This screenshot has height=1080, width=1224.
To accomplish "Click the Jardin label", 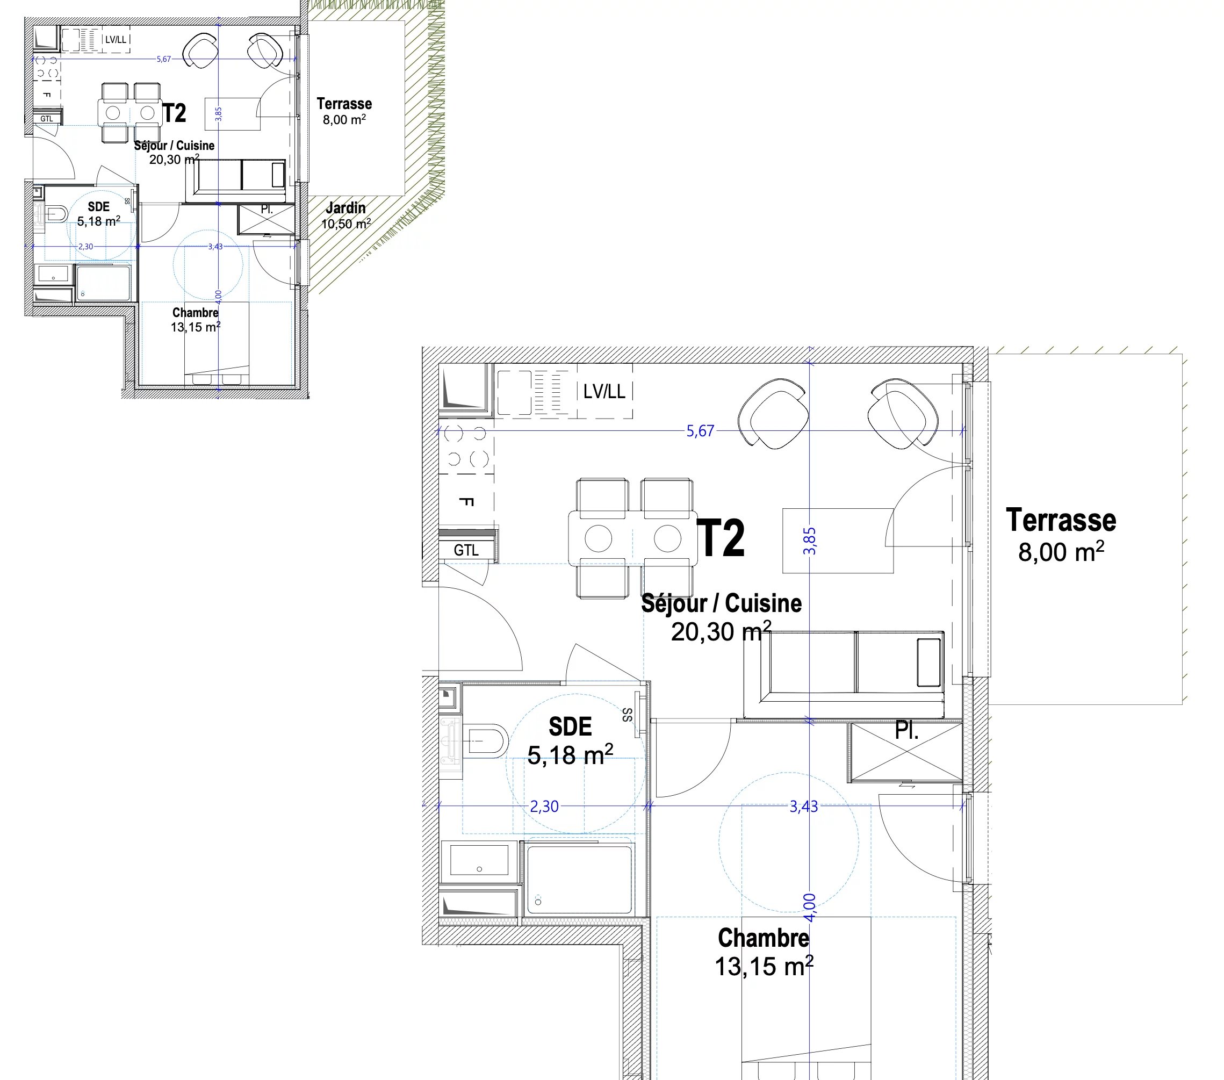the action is [345, 208].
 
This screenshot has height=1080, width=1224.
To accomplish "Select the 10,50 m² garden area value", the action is [346, 224].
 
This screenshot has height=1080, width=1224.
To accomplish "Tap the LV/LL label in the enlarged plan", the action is [604, 392].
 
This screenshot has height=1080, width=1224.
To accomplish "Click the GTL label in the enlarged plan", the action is [466, 550].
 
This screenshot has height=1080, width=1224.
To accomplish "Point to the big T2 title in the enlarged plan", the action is [722, 538].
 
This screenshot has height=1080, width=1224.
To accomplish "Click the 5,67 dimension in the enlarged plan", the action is [700, 431].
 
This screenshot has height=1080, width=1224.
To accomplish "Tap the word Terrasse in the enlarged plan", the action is [1061, 520].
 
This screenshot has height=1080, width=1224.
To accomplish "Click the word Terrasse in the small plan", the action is [344, 104].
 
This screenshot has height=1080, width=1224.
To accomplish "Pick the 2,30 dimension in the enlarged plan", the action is [544, 807].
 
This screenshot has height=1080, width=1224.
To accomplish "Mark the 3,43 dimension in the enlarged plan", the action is [804, 807].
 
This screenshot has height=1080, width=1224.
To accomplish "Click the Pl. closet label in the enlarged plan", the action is [906, 731].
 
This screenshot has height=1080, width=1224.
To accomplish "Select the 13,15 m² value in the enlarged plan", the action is [764, 966].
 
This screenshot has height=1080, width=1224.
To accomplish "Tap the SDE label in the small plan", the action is [99, 206].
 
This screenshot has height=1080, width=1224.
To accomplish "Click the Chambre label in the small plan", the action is [195, 313].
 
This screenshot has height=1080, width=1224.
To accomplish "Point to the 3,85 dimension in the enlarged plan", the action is [810, 541].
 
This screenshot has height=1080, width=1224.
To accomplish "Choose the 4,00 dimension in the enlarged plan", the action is [810, 908].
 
